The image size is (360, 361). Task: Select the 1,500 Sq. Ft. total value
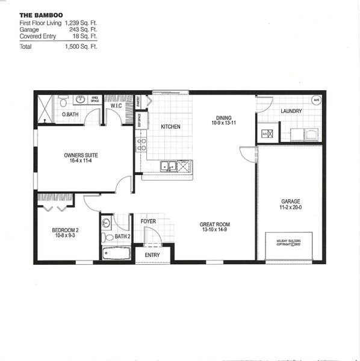(x=81, y=46)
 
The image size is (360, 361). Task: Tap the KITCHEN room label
(x=171, y=127)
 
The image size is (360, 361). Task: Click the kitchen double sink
(x=168, y=166)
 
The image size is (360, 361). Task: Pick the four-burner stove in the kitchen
(x=142, y=144)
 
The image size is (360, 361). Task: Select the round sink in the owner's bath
(x=79, y=99)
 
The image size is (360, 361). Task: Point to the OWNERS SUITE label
(x=81, y=155)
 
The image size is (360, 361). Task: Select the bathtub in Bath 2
(x=116, y=253)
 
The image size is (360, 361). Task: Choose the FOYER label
(x=149, y=221)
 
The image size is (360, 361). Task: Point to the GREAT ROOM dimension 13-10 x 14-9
(x=214, y=230)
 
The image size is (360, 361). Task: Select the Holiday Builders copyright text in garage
(x=288, y=242)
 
